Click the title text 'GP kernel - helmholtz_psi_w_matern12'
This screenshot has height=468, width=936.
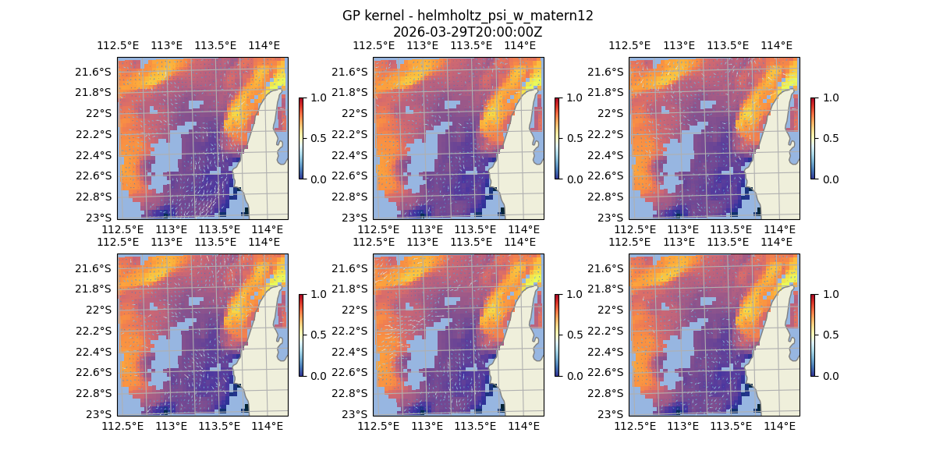pos(468,16)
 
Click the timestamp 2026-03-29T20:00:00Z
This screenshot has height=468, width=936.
pos(468,32)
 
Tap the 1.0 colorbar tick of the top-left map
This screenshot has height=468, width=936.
pos(317,97)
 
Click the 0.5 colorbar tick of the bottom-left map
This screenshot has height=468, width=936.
pos(317,335)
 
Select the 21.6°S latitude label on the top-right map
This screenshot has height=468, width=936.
pos(606,72)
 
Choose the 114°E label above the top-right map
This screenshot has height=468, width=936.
pos(776,45)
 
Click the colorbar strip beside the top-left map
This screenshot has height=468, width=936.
pos(301,138)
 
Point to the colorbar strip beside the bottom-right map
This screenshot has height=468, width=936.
pos(813,335)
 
